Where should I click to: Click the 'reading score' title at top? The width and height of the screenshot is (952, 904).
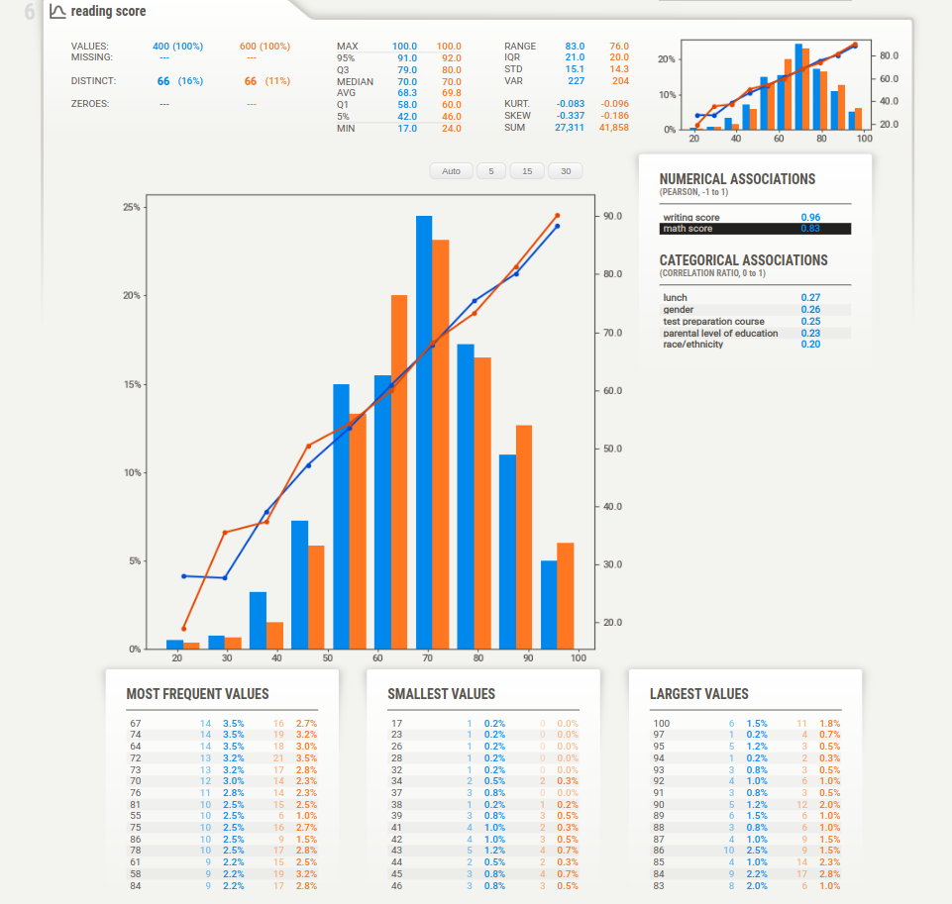[108, 12]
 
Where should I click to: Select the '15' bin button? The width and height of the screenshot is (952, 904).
[527, 171]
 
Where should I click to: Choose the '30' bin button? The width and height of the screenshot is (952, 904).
[566, 171]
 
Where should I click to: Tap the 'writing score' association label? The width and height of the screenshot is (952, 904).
[691, 217]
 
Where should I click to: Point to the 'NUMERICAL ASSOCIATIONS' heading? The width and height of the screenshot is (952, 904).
[737, 179]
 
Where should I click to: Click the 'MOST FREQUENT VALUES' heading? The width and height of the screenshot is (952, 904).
[197, 694]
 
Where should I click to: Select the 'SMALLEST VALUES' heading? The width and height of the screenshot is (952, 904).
[441, 694]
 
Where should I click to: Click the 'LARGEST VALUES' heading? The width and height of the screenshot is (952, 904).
[698, 694]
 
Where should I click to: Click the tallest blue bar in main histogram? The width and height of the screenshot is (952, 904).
[424, 432]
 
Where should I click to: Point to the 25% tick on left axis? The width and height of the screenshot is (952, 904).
[131, 207]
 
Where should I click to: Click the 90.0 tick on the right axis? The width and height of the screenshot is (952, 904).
[611, 216]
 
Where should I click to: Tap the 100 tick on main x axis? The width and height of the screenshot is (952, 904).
[579, 657]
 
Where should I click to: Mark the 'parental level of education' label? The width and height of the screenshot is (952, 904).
[720, 334]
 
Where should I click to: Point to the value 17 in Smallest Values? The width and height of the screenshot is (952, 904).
[397, 724]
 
